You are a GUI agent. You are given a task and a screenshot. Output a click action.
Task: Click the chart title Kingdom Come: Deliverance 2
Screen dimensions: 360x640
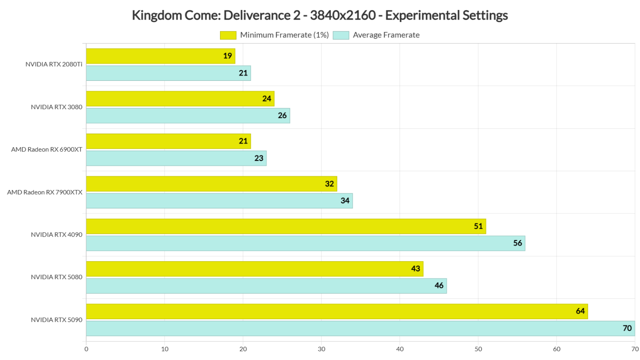coord(320,15)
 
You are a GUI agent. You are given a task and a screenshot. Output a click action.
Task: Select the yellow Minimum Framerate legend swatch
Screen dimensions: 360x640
coord(228,35)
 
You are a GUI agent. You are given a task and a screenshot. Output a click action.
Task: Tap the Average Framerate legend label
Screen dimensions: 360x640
coord(386,35)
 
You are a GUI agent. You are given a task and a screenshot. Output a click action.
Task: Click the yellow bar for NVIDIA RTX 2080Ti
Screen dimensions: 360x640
coord(160,56)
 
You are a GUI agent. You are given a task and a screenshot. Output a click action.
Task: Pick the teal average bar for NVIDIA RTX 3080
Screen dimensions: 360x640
coord(187,116)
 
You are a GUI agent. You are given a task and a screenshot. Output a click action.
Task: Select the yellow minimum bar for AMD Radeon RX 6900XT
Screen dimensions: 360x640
coord(168,141)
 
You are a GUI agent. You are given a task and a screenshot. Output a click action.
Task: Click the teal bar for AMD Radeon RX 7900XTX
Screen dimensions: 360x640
coord(219,201)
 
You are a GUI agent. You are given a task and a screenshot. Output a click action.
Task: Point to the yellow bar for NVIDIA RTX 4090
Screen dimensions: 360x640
coord(286,226)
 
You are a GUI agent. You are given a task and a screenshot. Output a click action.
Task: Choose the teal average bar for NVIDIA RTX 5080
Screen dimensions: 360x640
coord(266,286)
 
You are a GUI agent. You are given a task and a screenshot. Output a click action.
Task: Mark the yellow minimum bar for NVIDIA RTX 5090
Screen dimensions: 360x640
coord(337,311)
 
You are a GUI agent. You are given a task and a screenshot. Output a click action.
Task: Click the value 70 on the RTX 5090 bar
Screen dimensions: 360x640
coord(627,328)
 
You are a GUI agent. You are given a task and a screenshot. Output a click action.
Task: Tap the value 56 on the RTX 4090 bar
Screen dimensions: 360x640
coord(517,243)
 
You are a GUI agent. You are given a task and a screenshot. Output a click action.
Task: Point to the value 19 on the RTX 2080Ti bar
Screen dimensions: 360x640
coord(227,56)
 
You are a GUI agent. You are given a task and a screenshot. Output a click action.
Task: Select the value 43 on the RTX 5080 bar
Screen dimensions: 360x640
coord(415,269)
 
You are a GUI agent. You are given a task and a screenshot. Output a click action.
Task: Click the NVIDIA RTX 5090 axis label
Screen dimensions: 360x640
coord(57,320)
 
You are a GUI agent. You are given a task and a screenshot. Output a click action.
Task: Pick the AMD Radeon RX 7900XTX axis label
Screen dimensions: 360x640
coord(45,192)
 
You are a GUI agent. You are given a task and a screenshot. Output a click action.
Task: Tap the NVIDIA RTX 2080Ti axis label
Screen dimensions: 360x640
coord(54,65)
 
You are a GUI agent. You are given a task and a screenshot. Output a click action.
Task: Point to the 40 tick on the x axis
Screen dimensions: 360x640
coord(400,349)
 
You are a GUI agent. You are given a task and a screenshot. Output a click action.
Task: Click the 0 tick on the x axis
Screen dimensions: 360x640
coord(86,349)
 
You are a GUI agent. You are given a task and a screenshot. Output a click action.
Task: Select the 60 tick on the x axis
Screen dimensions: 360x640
coord(556,349)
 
